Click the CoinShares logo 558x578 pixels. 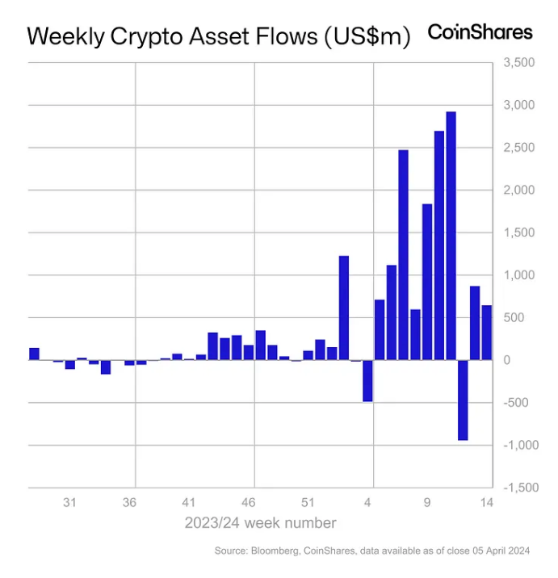[480, 32]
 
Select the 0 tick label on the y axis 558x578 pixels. [507, 360]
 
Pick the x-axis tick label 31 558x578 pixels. [70, 502]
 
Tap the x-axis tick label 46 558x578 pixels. [249, 502]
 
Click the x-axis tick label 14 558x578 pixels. [487, 502]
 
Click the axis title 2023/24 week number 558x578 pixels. [260, 523]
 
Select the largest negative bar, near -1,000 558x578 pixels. [463, 400]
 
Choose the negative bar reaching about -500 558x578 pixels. [367, 380]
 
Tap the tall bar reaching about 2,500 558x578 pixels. [403, 254]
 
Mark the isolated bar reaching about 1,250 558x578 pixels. [343, 308]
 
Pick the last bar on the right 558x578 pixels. [487, 333]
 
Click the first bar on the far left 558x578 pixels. [34, 354]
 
